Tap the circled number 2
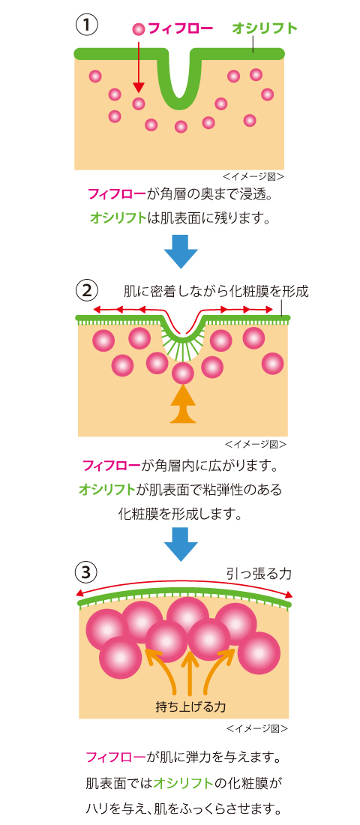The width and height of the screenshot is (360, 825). coord(86,290)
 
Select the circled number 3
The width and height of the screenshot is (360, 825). coord(86,572)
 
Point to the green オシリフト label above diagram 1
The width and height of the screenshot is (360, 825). coord(265,28)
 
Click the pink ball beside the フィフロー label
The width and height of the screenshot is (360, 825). coord(139,29)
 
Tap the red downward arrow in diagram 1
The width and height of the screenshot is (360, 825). coord(139,66)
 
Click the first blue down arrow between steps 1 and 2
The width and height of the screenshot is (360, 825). coord(181,251)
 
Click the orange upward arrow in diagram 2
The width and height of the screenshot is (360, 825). coord(183,404)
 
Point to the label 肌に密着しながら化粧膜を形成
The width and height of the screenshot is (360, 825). coord(216,291)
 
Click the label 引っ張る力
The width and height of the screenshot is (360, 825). coord(259,573)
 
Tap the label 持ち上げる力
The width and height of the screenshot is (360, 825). coord(191,706)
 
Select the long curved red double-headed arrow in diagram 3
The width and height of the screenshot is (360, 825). coord(184,585)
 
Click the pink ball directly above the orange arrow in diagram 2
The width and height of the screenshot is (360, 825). coord(183,373)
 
